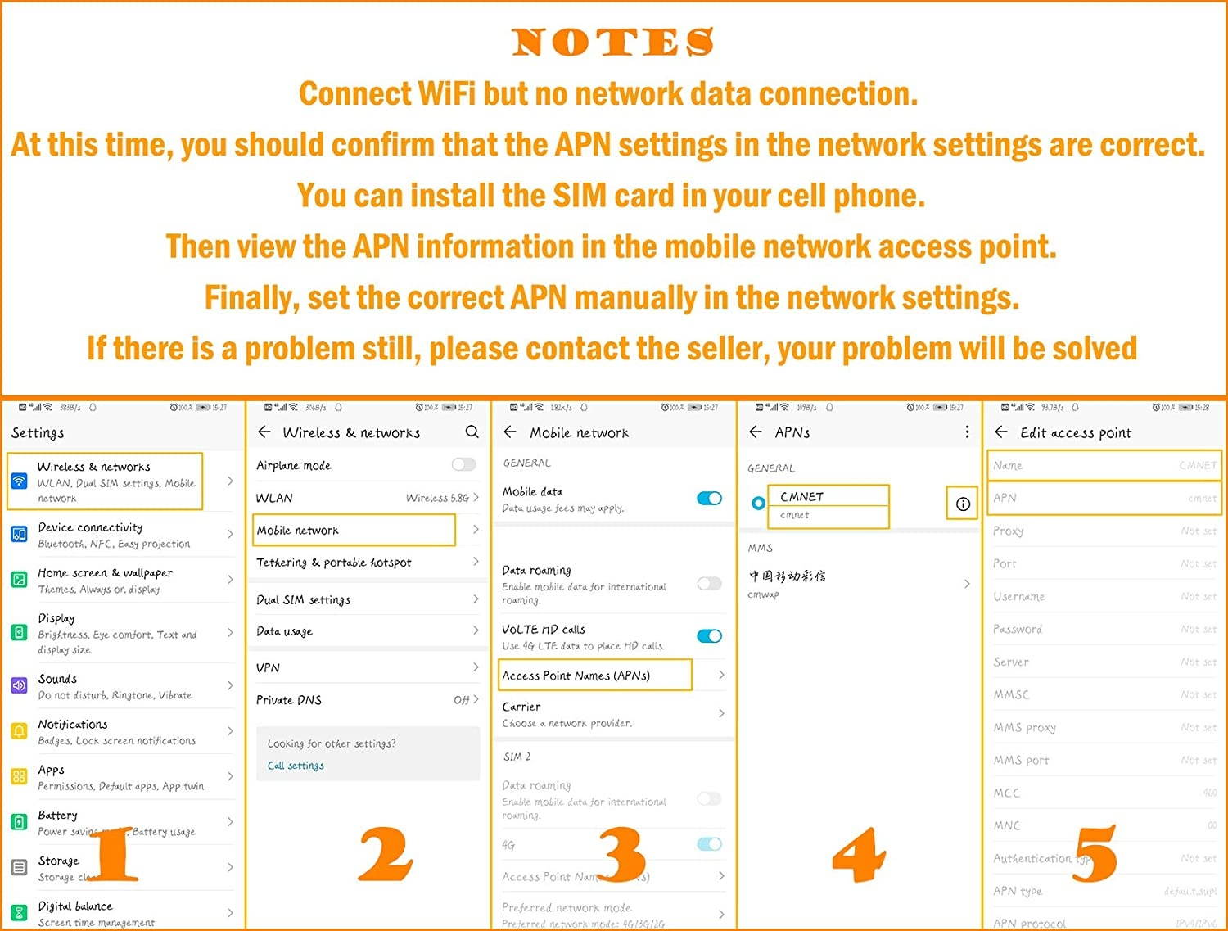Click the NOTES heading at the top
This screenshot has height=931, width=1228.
pos(612,43)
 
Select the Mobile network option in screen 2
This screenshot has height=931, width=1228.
pos(354,530)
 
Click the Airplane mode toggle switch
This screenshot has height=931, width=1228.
pos(463,465)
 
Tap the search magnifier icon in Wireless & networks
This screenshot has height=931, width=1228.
pos(472,432)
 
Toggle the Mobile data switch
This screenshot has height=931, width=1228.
pos(709,498)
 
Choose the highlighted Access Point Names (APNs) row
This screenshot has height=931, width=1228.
pos(595,676)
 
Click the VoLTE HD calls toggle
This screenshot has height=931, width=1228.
pos(709,636)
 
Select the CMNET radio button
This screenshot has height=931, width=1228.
pos(758,503)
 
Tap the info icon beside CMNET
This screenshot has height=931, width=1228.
pos(963,504)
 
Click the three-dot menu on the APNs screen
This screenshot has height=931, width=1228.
pos(967,432)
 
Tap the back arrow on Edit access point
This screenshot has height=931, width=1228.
pos(1000,432)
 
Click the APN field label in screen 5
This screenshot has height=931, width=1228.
pos(1005,498)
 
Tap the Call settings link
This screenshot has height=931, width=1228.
pos(296,766)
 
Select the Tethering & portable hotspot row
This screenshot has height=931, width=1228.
pos(334,563)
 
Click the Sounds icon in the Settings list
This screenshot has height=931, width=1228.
pos(19,685)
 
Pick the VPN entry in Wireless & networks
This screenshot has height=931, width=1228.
pos(269,667)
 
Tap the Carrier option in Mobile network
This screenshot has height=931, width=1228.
pos(521,707)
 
